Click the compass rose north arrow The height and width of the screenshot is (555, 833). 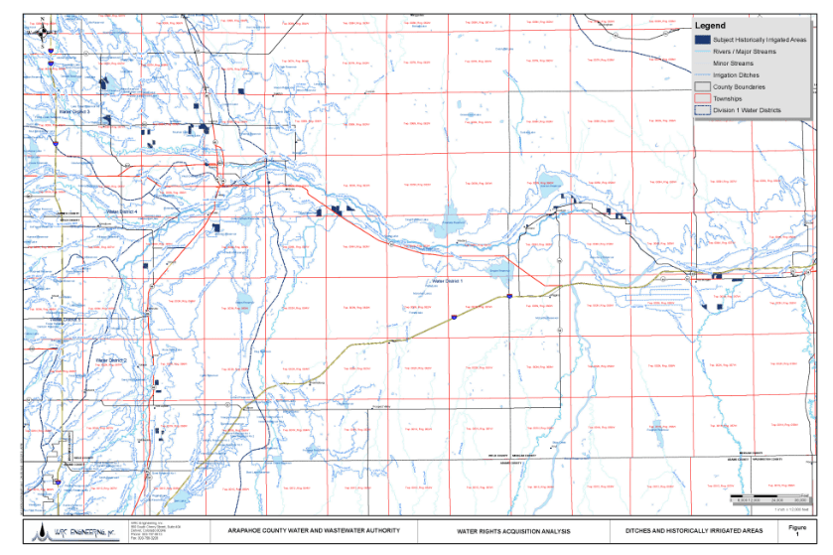46,36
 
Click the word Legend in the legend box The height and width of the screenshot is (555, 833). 710,26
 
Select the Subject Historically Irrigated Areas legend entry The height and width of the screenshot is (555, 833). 752,39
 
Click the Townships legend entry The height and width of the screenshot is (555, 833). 731,98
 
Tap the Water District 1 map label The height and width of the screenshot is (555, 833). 451,282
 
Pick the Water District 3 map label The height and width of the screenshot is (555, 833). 73,112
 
